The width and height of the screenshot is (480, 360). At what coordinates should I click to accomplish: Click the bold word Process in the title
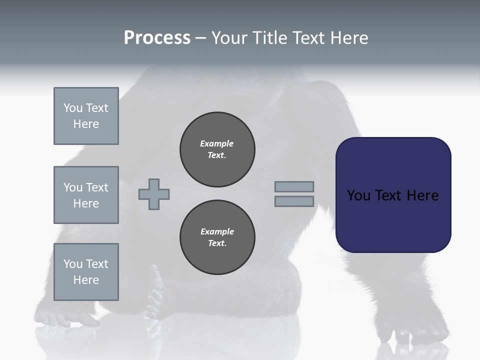[157, 38]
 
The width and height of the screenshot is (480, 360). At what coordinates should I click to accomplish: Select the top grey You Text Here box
[86, 116]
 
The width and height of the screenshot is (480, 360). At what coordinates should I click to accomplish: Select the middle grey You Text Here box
[86, 195]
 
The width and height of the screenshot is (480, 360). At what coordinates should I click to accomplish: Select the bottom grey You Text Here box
[86, 272]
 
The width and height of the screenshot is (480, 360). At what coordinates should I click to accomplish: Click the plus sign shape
[154, 194]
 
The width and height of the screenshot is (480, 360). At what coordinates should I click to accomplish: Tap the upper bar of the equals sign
[294, 186]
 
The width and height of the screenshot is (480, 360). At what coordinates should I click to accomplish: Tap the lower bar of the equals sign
[294, 201]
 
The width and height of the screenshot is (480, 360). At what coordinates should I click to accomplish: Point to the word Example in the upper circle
[216, 143]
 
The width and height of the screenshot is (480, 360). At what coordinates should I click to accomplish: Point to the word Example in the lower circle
[217, 231]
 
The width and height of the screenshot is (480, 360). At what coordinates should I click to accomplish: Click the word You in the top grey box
[73, 108]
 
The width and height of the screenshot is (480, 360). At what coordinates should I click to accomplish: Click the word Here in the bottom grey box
[86, 280]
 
